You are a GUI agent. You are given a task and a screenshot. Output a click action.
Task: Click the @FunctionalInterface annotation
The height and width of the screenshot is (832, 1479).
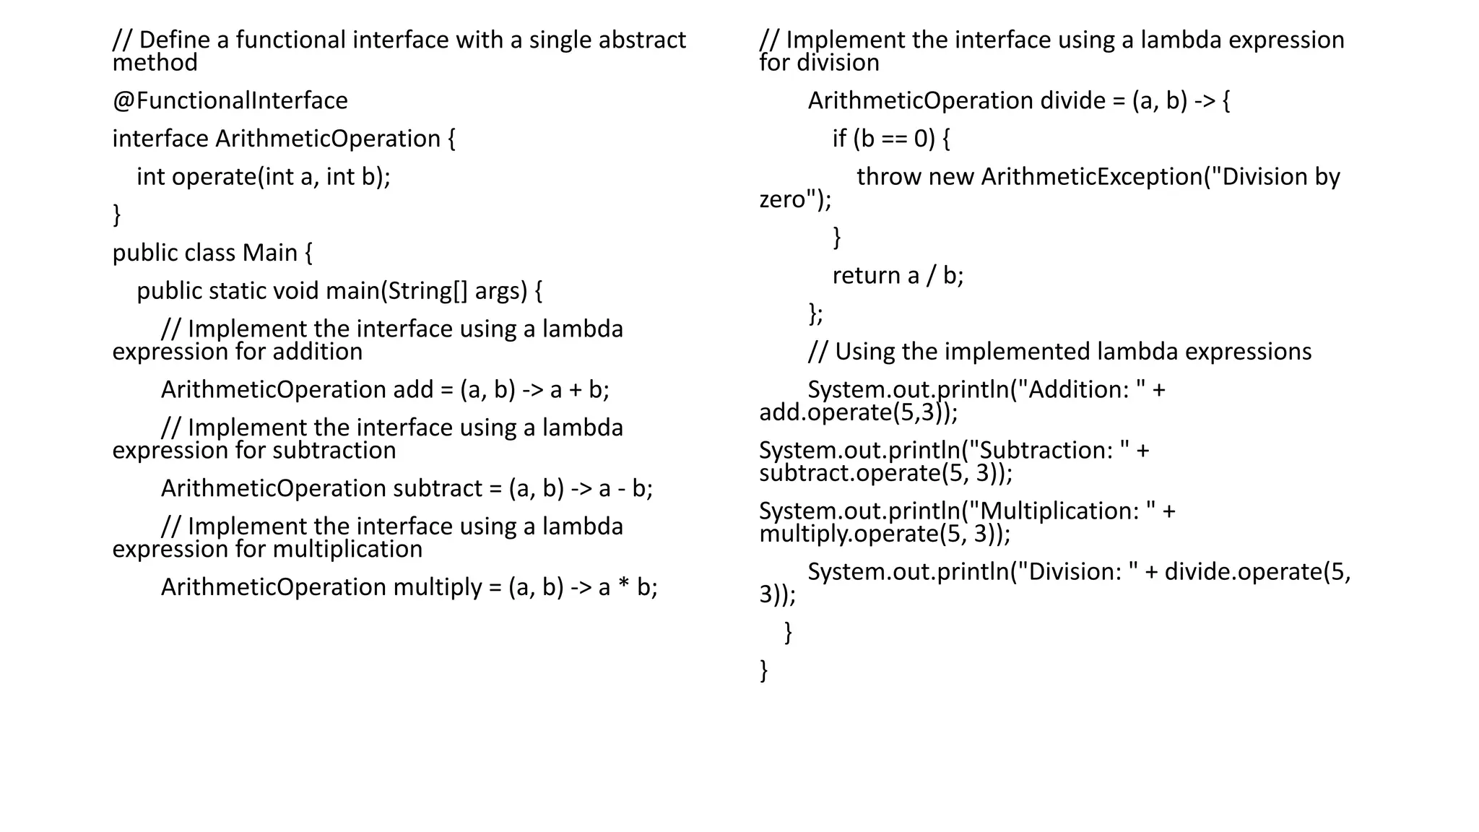230,100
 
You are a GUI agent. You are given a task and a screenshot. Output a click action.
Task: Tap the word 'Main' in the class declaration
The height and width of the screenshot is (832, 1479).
269,253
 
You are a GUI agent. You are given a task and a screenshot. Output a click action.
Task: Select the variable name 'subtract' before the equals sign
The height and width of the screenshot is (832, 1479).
437,489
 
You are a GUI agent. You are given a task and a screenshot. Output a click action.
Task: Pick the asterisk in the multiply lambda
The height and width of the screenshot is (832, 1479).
624,586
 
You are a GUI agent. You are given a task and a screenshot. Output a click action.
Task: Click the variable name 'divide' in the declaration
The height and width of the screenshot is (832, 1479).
1072,100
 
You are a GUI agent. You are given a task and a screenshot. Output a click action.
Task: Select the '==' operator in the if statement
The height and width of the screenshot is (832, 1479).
894,139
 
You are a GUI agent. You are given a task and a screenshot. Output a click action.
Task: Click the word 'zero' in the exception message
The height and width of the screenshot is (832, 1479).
781,199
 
